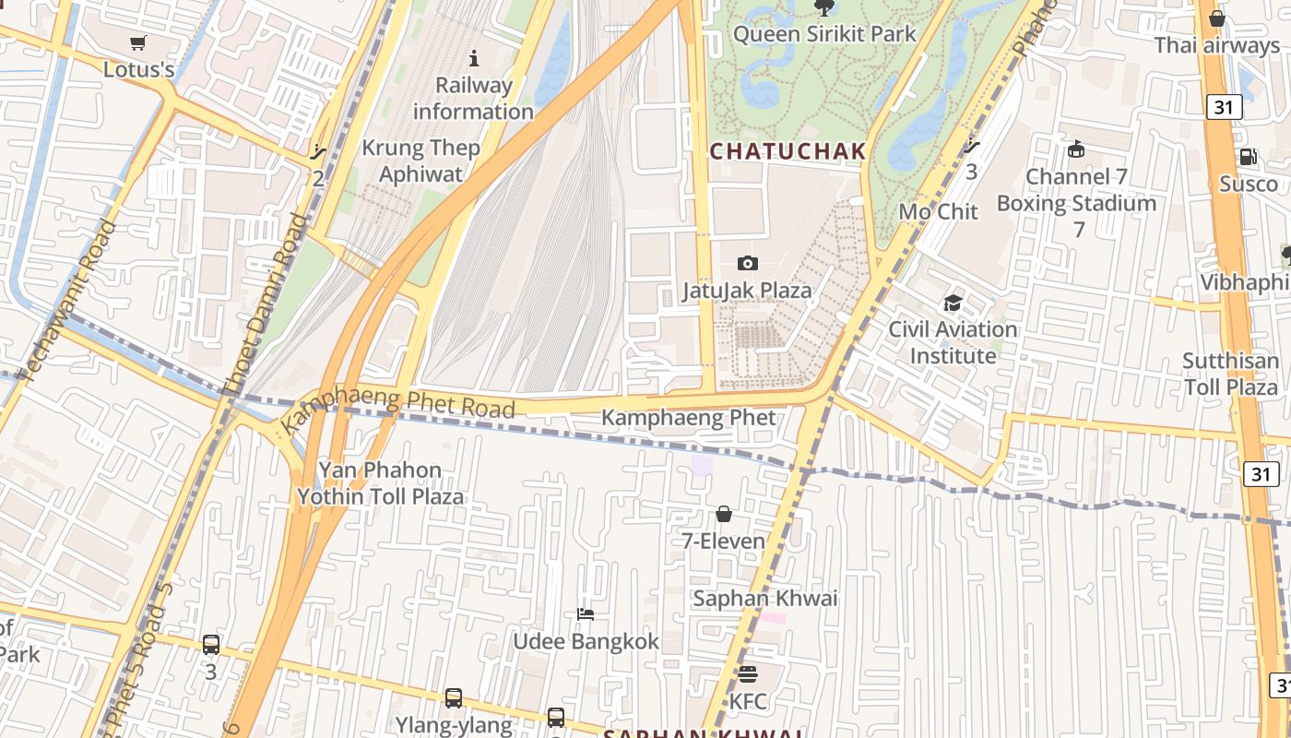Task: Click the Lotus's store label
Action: [x=138, y=69]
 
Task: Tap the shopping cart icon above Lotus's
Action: [x=138, y=42]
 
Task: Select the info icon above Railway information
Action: [x=474, y=59]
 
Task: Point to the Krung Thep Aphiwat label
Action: [x=420, y=161]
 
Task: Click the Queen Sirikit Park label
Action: [x=824, y=34]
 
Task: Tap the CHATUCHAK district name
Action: [x=788, y=151]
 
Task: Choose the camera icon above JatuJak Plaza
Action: [x=748, y=264]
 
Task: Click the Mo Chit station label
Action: [x=938, y=211]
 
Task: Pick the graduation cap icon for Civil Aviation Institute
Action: [x=953, y=304]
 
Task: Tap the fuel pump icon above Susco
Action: [x=1248, y=157]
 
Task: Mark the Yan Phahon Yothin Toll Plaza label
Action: [x=380, y=483]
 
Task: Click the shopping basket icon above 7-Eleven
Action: [x=724, y=514]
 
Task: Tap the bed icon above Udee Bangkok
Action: [x=586, y=614]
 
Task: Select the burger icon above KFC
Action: [x=747, y=674]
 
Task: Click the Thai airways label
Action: [x=1216, y=45]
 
